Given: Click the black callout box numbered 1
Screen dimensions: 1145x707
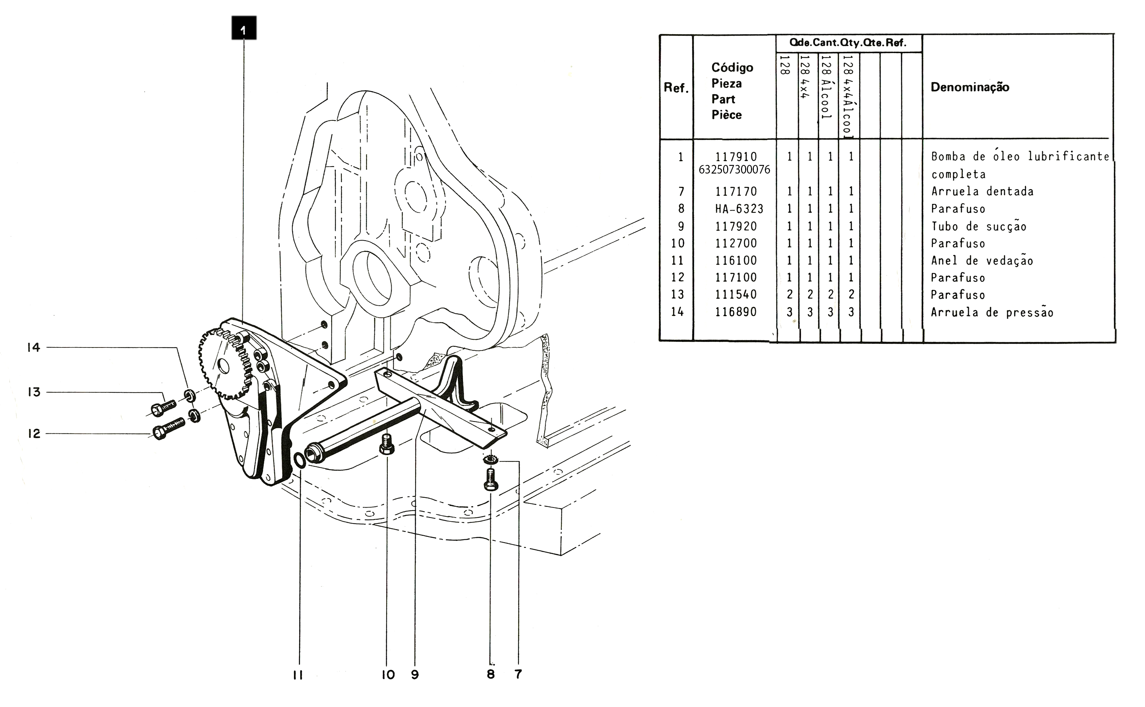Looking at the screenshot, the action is click(243, 28).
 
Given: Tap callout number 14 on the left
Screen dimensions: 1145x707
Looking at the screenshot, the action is click(34, 347).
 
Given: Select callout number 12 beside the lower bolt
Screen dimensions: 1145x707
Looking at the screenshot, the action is click(34, 433).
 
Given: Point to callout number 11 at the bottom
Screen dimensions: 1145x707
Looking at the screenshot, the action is click(298, 675).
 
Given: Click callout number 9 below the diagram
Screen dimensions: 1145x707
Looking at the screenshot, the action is click(415, 675).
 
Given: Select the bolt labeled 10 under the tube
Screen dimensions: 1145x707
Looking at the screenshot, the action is click(386, 444).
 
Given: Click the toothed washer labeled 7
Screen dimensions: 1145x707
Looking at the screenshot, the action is click(490, 460).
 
